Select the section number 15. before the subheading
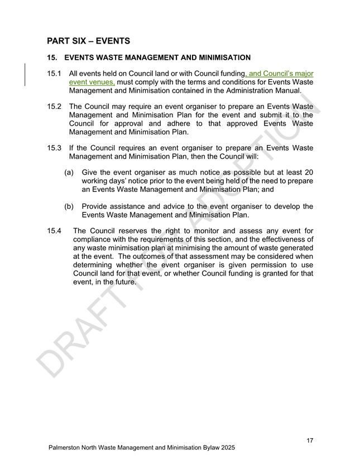pyautogui.click(x=52, y=57)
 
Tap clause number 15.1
pyautogui.click(x=54, y=73)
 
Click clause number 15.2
pyautogui.click(x=54, y=106)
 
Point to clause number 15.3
pyautogui.click(x=54, y=148)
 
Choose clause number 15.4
pyautogui.click(x=54, y=230)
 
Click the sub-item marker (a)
pyautogui.click(x=70, y=172)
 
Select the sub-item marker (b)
pyautogui.click(x=70, y=206)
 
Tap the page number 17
pyautogui.click(x=310, y=441)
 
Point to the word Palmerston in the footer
pyautogui.click(x=66, y=449)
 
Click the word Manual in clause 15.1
pyautogui.click(x=287, y=90)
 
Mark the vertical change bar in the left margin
pyautogui.click(x=25, y=75)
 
